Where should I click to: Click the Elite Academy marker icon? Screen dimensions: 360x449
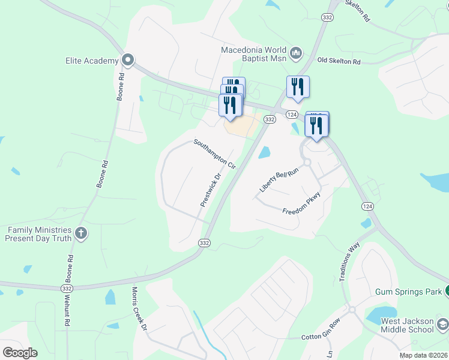click(127, 60)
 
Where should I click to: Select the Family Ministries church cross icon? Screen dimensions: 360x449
click(82, 233)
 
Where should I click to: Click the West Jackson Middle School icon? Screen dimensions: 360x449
click(442, 325)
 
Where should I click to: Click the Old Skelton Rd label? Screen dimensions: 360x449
click(339, 61)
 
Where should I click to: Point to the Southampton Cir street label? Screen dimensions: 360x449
click(214, 154)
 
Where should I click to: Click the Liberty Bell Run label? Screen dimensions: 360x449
click(279, 181)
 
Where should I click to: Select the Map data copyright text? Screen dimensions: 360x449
click(424, 355)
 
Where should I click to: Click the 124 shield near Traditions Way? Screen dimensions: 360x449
click(366, 206)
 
